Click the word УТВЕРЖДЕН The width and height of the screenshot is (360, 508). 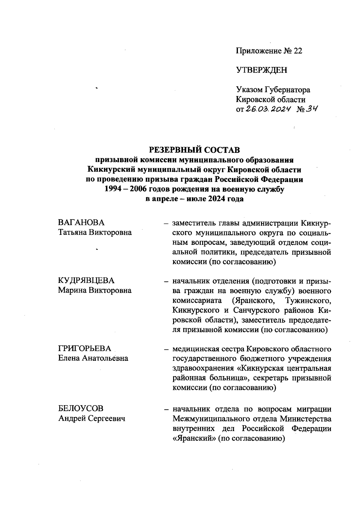tap(262, 70)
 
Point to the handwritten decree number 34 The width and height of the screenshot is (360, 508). tap(311, 109)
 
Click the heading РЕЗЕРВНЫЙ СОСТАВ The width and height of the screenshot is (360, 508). tap(195, 149)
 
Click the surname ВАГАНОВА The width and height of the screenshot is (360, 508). tap(81, 223)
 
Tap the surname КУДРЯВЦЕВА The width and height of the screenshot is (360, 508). tap(86, 281)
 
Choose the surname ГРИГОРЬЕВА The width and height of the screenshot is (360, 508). tap(85, 349)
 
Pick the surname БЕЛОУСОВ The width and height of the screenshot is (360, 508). tap(81, 408)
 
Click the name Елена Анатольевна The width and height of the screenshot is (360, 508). tap(93, 358)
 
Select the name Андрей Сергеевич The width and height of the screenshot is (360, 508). tap(91, 418)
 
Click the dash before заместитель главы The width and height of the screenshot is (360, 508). tap(165, 223)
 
